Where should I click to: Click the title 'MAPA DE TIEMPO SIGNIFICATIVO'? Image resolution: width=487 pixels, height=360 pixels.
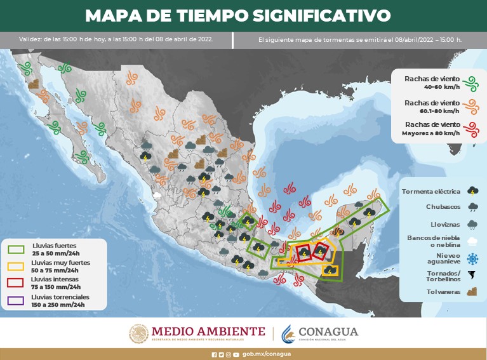pyautogui.click(x=237, y=15)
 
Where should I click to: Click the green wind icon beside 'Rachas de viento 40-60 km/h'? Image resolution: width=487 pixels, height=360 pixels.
pyautogui.click(x=470, y=82)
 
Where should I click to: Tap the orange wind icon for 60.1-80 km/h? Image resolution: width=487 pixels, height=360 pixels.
pyautogui.click(x=470, y=106)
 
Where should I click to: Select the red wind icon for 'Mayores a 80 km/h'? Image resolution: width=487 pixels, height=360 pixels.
pyautogui.click(x=470, y=130)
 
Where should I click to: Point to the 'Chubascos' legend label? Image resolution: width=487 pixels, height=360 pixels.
pyautogui.click(x=443, y=206)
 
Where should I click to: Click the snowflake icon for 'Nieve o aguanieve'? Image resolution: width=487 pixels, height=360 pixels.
pyautogui.click(x=472, y=258)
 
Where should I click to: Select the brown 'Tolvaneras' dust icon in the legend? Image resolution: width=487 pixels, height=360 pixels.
pyautogui.click(x=472, y=292)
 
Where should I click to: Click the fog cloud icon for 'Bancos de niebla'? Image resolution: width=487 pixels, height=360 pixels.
pyautogui.click(x=472, y=241)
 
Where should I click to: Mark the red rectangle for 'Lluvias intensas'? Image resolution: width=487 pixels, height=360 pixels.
pyautogui.click(x=16, y=281)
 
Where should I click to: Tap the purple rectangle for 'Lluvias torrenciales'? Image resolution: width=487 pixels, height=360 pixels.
pyautogui.click(x=16, y=298)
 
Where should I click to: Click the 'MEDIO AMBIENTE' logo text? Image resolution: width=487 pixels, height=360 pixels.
pyautogui.click(x=208, y=331)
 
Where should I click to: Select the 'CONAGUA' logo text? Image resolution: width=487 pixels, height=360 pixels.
pyautogui.click(x=328, y=331)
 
